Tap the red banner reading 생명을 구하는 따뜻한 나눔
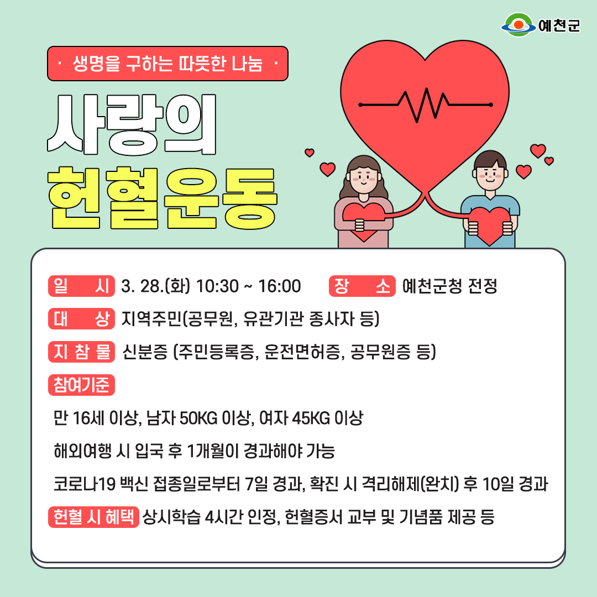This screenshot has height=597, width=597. click(x=167, y=64)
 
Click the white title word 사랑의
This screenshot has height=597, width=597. click(x=132, y=124)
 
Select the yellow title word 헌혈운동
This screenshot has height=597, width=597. click(x=163, y=198)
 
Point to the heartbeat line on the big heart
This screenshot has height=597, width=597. click(x=426, y=104)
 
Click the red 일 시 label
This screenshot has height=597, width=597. click(x=81, y=286)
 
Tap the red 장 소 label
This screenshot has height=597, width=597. click(x=362, y=286)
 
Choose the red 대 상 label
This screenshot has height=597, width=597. click(x=81, y=319)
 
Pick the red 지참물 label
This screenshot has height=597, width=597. click(x=81, y=352)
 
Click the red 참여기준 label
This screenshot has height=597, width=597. click(x=81, y=385)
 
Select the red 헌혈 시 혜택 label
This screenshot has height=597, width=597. click(x=93, y=517)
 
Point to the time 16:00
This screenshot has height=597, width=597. click(x=280, y=286)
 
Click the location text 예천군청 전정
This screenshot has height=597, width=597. click(x=450, y=286)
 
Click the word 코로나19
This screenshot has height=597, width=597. click(x=85, y=484)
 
